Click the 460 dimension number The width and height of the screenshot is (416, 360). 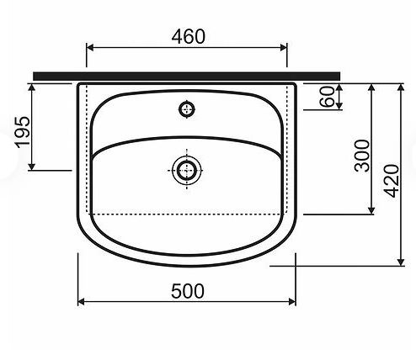[188, 37]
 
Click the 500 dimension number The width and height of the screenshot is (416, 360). [188, 291]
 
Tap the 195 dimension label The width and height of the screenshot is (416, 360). [23, 132]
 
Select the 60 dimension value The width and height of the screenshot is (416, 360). [328, 97]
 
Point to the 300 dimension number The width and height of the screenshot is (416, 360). [362, 156]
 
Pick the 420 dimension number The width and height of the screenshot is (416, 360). [392, 182]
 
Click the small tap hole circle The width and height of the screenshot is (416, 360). [187, 109]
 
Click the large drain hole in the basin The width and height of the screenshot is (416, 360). [187, 170]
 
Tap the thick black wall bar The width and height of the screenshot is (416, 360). [187, 76]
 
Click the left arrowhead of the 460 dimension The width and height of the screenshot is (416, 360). [90, 48]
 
